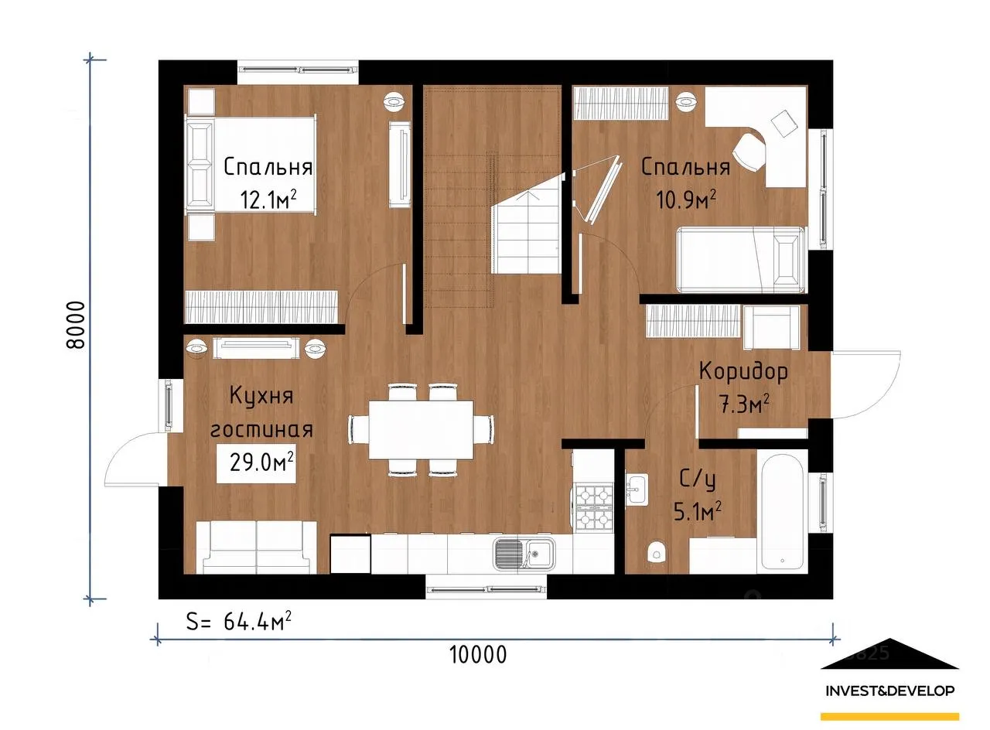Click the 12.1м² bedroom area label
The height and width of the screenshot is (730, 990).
pyautogui.click(x=268, y=200)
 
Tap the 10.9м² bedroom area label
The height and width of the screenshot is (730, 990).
pyautogui.click(x=685, y=200)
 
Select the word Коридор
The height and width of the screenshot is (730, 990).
pyautogui.click(x=743, y=372)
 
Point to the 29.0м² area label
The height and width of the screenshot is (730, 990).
pyautogui.click(x=261, y=462)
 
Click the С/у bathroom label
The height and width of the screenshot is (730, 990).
pyautogui.click(x=698, y=479)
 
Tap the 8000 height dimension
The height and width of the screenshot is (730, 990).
pyautogui.click(x=75, y=326)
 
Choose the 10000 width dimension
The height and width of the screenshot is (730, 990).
pyautogui.click(x=478, y=655)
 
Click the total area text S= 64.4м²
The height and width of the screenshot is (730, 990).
pyautogui.click(x=239, y=620)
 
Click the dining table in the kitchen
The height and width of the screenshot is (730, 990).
pyautogui.click(x=421, y=430)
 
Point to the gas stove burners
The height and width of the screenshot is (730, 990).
pyautogui.click(x=594, y=507)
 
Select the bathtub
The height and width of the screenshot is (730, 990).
pyautogui.click(x=782, y=511)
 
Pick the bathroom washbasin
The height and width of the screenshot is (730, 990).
pyautogui.click(x=637, y=489)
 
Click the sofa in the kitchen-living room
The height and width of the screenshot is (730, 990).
pyautogui.click(x=256, y=547)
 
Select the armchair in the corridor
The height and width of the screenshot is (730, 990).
pyautogui.click(x=771, y=327)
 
